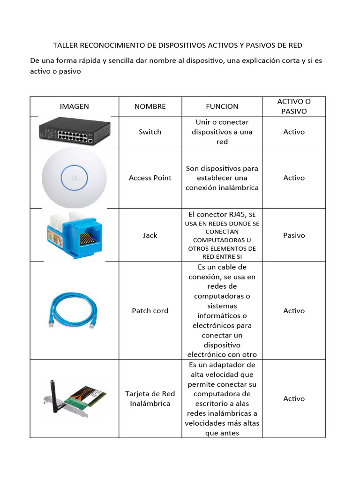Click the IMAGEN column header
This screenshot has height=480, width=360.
(x=74, y=106)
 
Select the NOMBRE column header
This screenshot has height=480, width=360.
(x=150, y=106)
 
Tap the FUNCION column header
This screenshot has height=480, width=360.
(x=222, y=106)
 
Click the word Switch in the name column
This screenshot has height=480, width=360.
(x=150, y=132)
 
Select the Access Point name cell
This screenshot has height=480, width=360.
(x=150, y=178)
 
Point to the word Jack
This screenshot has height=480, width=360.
(x=150, y=235)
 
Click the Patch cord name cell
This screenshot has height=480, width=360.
(x=150, y=311)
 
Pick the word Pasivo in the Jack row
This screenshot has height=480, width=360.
(x=294, y=235)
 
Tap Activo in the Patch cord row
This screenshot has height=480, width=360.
(x=294, y=311)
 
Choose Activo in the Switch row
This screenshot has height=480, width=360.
(x=294, y=132)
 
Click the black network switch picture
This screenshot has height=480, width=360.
(x=74, y=131)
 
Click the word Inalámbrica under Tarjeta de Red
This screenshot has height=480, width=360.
(x=150, y=403)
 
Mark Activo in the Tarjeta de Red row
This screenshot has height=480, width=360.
(x=294, y=398)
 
